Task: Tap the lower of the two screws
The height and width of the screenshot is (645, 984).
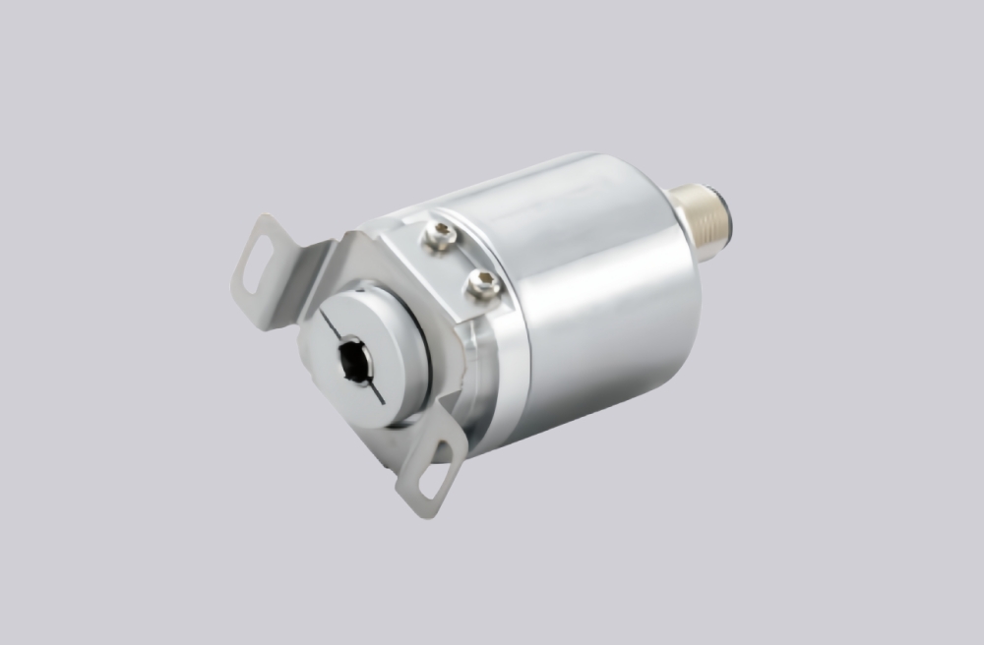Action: (x=482, y=284)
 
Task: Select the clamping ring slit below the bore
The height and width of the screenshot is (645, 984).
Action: (x=377, y=397)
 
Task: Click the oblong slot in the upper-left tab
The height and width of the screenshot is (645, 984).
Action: (x=254, y=264)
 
